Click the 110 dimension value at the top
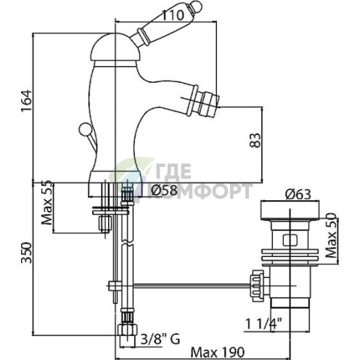point(172,15)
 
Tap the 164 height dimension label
point(26,101)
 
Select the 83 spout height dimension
point(255,140)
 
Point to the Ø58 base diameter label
point(164,190)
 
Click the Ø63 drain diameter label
point(298,195)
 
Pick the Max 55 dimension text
point(47,202)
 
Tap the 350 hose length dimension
point(26,253)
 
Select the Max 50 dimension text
point(330,235)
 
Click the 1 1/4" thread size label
point(264,324)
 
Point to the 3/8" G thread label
point(160,339)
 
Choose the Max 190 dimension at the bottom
point(218,352)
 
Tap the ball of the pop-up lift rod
point(85,129)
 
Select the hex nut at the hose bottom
point(127,330)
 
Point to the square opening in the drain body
point(290,240)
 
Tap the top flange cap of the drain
point(290,210)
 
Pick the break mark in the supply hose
point(127,243)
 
